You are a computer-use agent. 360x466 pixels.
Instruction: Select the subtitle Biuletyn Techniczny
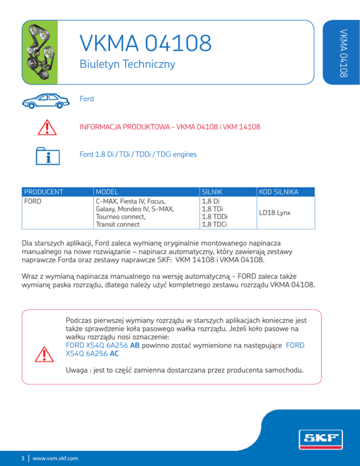(127, 65)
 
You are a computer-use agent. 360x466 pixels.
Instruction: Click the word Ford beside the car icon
(87, 99)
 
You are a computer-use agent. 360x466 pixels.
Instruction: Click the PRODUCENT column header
(44, 192)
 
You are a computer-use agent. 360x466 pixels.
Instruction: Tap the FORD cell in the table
(33, 201)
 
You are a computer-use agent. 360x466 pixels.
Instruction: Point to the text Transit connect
(117, 224)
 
